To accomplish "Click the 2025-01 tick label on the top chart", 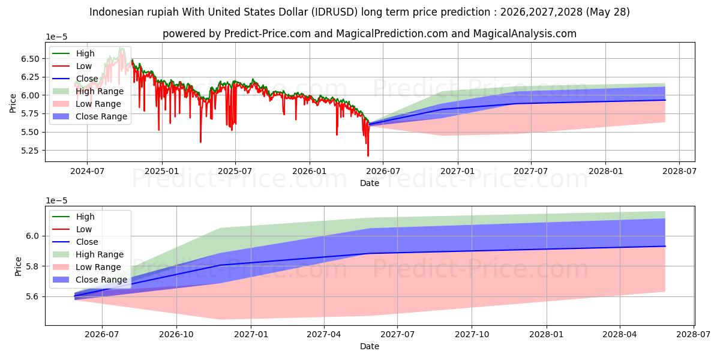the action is tap(161, 171).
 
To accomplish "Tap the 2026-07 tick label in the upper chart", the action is tap(383, 171).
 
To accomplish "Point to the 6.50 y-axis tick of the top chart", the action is tap(30, 59).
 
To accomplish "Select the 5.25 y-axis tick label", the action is tap(30, 151).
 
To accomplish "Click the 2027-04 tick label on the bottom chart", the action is tap(324, 335).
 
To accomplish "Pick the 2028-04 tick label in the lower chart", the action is tap(620, 335).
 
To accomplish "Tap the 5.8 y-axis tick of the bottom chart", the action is tap(32, 266).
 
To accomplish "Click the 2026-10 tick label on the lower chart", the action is tap(176, 335).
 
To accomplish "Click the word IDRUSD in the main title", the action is tap(334, 12).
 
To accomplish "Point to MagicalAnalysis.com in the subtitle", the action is tap(525, 34).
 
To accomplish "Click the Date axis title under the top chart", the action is tap(370, 183).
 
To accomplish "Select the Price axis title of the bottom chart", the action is tap(19, 266).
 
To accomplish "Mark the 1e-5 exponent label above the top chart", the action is tap(56, 37).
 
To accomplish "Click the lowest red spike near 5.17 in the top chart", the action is tap(368, 156).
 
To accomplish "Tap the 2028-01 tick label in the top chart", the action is tap(605, 171).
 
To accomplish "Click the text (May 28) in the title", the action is tap(608, 12).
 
